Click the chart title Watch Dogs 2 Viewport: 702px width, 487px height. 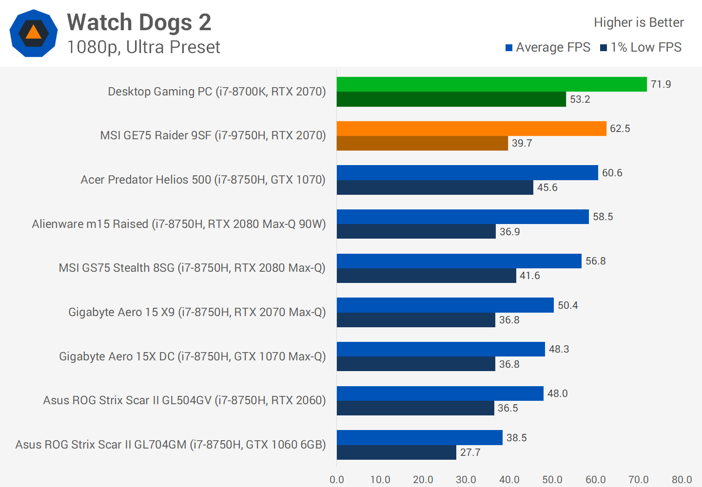click(139, 22)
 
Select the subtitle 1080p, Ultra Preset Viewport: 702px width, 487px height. click(143, 47)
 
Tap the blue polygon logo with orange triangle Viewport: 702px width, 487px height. click(33, 33)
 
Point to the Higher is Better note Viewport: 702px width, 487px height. click(639, 22)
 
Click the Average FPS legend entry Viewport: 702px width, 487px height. click(548, 47)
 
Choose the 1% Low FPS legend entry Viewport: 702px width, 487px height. click(641, 47)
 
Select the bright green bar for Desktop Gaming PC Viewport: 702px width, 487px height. click(491, 84)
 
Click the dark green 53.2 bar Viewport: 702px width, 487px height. click(451, 99)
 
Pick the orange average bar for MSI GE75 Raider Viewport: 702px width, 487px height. click(471, 129)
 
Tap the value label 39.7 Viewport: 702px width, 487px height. click(522, 143)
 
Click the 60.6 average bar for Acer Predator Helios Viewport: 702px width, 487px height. click(467, 173)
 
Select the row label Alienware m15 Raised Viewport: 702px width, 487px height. click(178, 224)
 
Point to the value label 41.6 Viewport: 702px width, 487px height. click(529, 276)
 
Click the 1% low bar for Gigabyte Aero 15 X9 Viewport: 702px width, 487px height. click(416, 320)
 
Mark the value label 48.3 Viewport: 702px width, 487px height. click(559, 349)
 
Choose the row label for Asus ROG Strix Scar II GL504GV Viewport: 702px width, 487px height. click(184, 400)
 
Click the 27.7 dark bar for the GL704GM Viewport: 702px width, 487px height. click(396, 452)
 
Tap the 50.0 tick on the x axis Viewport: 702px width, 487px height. click(552, 480)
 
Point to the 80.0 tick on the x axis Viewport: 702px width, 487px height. click(682, 480)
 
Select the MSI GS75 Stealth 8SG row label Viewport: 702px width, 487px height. click(192, 268)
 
